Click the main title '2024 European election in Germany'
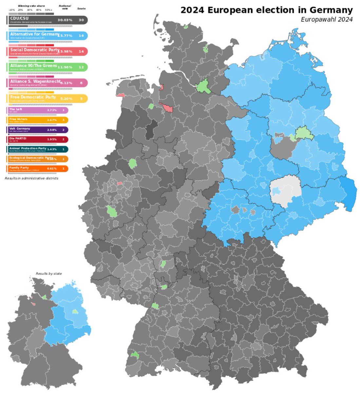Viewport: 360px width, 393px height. click(x=266, y=10)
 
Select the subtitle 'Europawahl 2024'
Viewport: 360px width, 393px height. click(x=327, y=19)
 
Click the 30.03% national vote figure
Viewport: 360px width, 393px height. click(x=65, y=20)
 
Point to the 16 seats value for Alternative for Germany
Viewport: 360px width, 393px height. click(x=81, y=36)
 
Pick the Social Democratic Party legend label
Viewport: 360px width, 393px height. click(x=34, y=50)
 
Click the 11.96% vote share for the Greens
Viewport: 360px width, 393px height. click(x=65, y=67)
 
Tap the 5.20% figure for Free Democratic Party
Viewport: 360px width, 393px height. click(x=65, y=99)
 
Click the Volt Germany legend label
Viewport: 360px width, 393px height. click(x=20, y=129)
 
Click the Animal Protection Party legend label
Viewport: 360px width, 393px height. click(x=28, y=148)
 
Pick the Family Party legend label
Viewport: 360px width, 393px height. click(x=19, y=168)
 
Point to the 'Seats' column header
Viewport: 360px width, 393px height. click(x=81, y=9)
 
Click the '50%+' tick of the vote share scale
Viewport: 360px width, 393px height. click(x=49, y=10)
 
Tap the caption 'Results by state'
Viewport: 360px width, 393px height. click(x=48, y=273)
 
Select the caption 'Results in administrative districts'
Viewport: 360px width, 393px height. click(x=31, y=178)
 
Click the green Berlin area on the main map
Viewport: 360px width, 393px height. click(x=304, y=133)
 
